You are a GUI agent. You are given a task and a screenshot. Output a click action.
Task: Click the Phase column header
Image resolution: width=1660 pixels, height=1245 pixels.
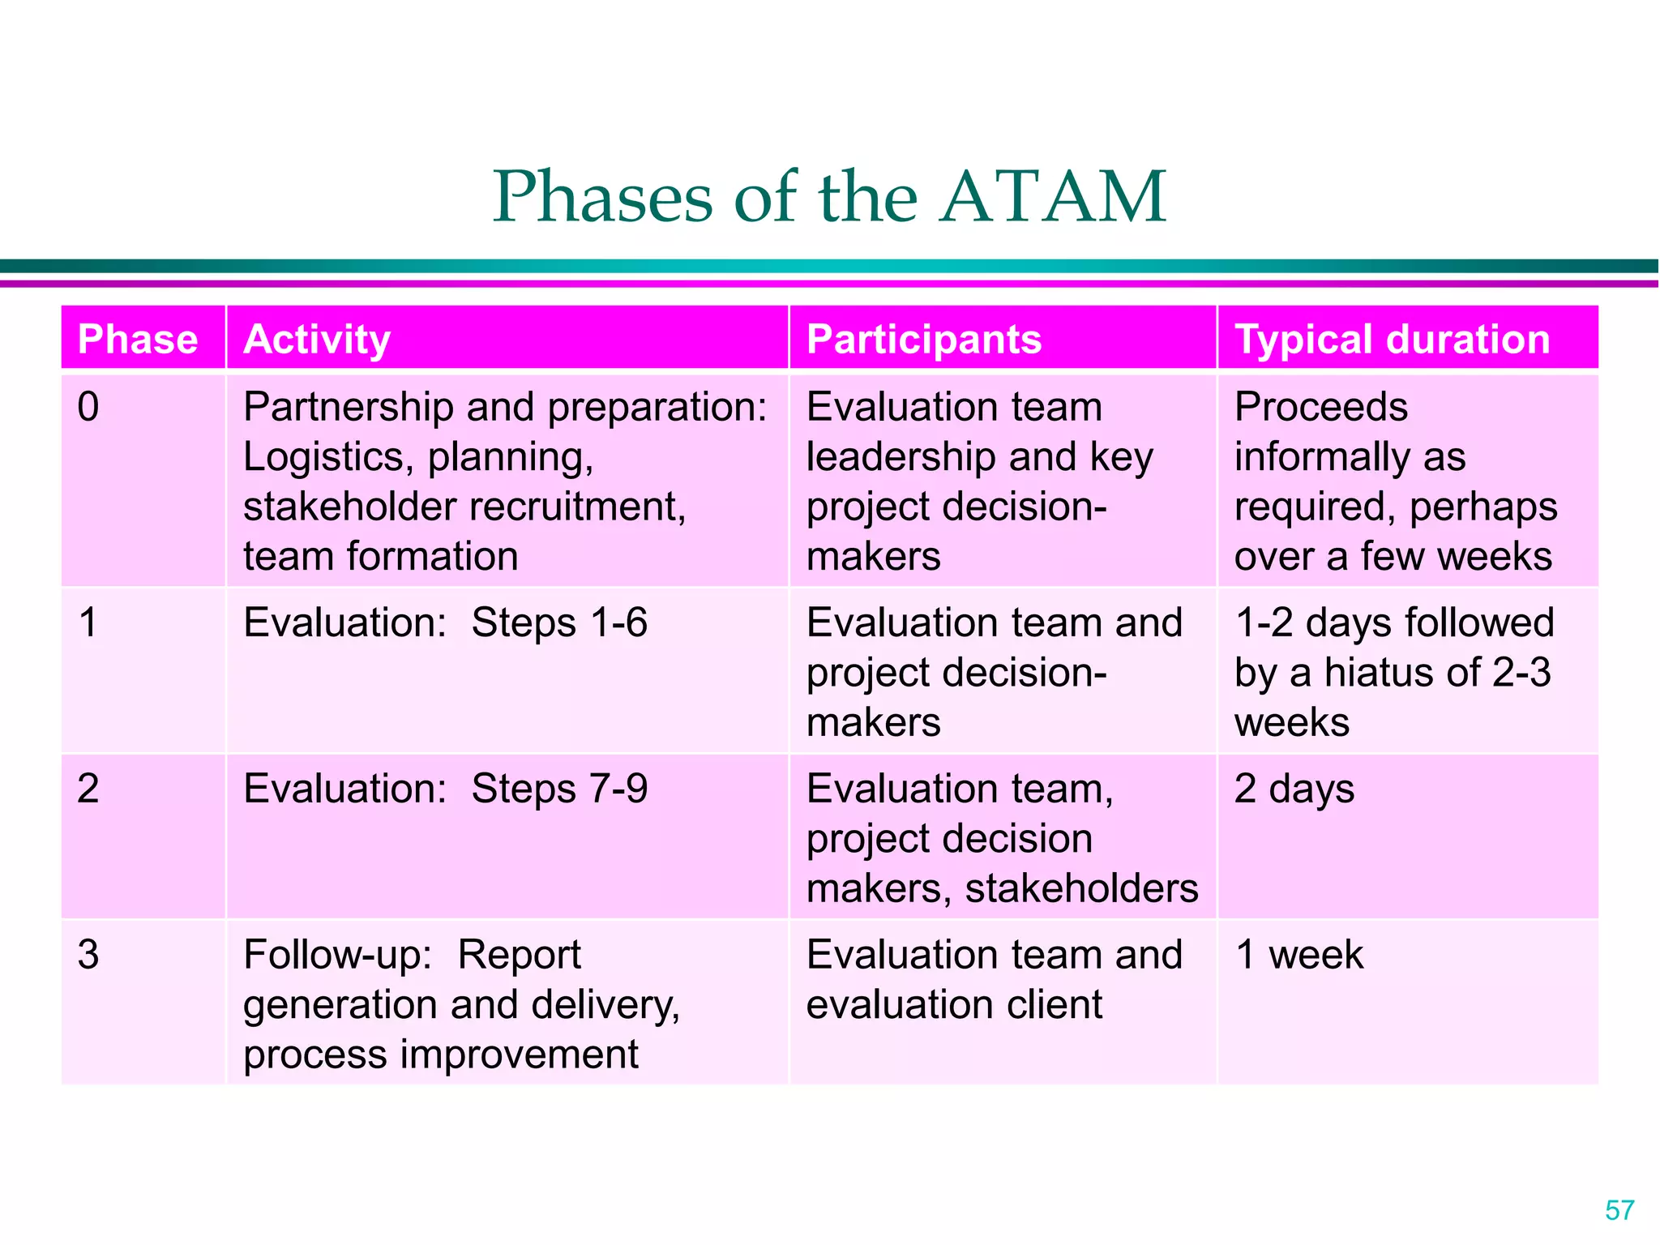pos(138,339)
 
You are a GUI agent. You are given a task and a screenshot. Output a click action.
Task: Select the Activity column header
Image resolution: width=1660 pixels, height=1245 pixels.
pos(317,339)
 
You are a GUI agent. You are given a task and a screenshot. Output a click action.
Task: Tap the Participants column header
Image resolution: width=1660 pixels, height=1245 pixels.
pos(924,339)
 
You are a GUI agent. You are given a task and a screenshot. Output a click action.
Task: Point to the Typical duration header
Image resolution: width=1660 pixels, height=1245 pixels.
pos(1392,339)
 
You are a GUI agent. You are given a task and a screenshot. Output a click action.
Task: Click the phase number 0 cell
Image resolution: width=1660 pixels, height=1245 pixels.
pos(88,406)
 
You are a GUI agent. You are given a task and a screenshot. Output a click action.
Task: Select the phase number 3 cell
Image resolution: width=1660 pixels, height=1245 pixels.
pos(88,954)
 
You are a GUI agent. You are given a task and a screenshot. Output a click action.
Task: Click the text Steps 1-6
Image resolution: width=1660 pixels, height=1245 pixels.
pos(559,622)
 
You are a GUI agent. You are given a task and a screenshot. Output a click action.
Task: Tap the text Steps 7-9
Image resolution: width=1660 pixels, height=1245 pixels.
pos(559,789)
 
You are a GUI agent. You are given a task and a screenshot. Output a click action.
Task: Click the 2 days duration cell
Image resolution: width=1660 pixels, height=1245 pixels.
pos(1294,789)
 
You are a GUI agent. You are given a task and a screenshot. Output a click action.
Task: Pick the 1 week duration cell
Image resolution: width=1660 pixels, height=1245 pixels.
pos(1298,954)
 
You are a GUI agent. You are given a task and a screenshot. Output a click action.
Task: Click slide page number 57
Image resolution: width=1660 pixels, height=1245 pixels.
pos(1619,1210)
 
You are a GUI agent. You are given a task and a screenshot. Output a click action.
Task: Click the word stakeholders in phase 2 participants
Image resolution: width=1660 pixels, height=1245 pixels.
pos(1081,888)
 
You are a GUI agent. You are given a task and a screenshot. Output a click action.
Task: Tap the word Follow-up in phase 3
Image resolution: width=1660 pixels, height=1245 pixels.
pos(338,954)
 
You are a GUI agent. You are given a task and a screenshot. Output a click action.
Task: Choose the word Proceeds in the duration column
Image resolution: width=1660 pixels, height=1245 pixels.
pos(1320,406)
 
